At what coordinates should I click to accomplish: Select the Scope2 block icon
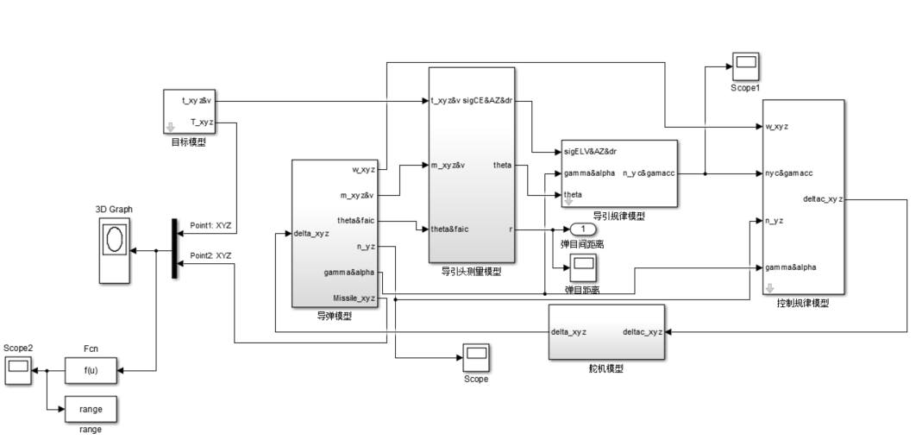coord(16,370)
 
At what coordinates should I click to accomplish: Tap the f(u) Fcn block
coord(91,370)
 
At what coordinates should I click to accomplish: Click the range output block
coord(91,410)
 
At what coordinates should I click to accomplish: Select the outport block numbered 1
coord(583,229)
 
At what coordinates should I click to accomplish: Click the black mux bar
coord(174,248)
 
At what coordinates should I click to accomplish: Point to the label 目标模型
coord(189,142)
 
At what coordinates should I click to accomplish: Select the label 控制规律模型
coord(803,304)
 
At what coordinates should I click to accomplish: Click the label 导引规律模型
coord(618,217)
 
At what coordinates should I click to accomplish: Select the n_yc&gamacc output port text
coord(649,173)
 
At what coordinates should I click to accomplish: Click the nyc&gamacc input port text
coord(789,173)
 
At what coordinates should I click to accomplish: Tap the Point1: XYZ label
coord(210,225)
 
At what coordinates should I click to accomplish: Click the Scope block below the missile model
coord(475,355)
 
